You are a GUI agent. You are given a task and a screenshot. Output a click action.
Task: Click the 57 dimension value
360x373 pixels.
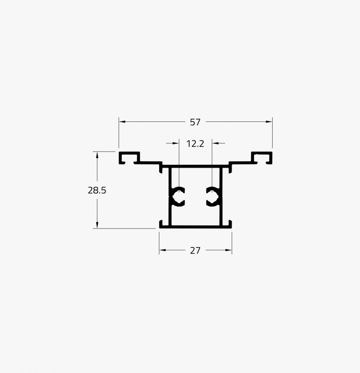click(x=195, y=122)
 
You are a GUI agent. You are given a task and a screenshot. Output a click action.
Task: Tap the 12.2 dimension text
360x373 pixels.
click(x=195, y=144)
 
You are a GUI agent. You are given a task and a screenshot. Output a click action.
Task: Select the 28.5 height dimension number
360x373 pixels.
click(x=97, y=190)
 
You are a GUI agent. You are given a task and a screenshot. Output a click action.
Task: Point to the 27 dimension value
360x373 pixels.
click(x=195, y=250)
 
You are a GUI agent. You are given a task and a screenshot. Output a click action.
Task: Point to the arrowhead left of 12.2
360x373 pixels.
click(x=177, y=144)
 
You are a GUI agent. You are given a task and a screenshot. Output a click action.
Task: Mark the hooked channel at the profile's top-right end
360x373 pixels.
click(x=262, y=157)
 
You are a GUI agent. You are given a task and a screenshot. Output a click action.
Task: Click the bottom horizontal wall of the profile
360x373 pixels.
click(x=195, y=227)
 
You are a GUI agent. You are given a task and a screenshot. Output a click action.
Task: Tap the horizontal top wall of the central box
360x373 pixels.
click(x=195, y=166)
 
